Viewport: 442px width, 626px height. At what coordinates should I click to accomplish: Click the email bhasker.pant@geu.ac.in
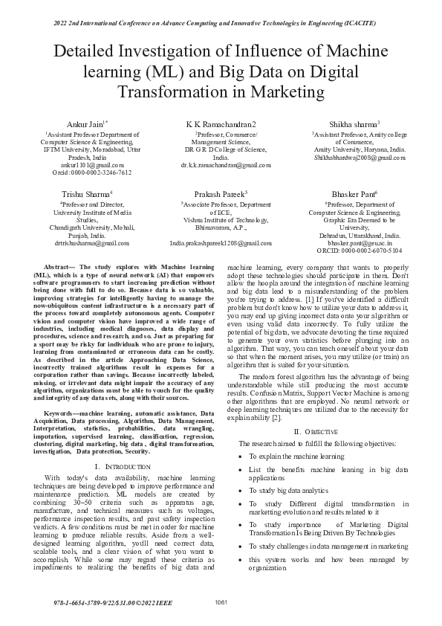click(x=349, y=242)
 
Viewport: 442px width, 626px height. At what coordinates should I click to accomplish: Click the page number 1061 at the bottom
click(x=221, y=601)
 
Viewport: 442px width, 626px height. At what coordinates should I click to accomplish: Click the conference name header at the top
click(x=221, y=23)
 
